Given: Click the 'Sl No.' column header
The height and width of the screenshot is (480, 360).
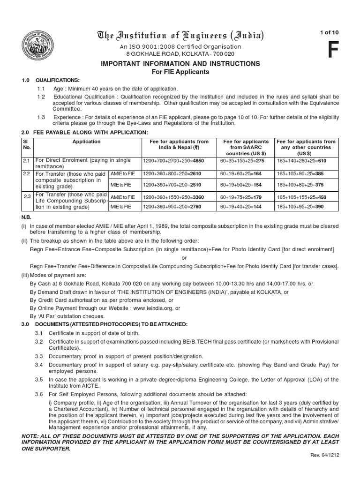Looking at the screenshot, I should click(x=26, y=144).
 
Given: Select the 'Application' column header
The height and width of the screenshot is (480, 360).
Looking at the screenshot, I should click(x=86, y=142).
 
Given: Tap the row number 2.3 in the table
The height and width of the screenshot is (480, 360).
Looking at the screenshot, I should click(x=27, y=196).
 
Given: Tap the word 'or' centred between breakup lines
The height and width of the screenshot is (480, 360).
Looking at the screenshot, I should click(x=184, y=257).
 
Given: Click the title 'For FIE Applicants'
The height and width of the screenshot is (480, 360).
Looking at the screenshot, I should click(x=180, y=72).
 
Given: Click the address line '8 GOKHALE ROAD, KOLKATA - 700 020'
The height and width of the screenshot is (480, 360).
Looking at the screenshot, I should click(x=180, y=54).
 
